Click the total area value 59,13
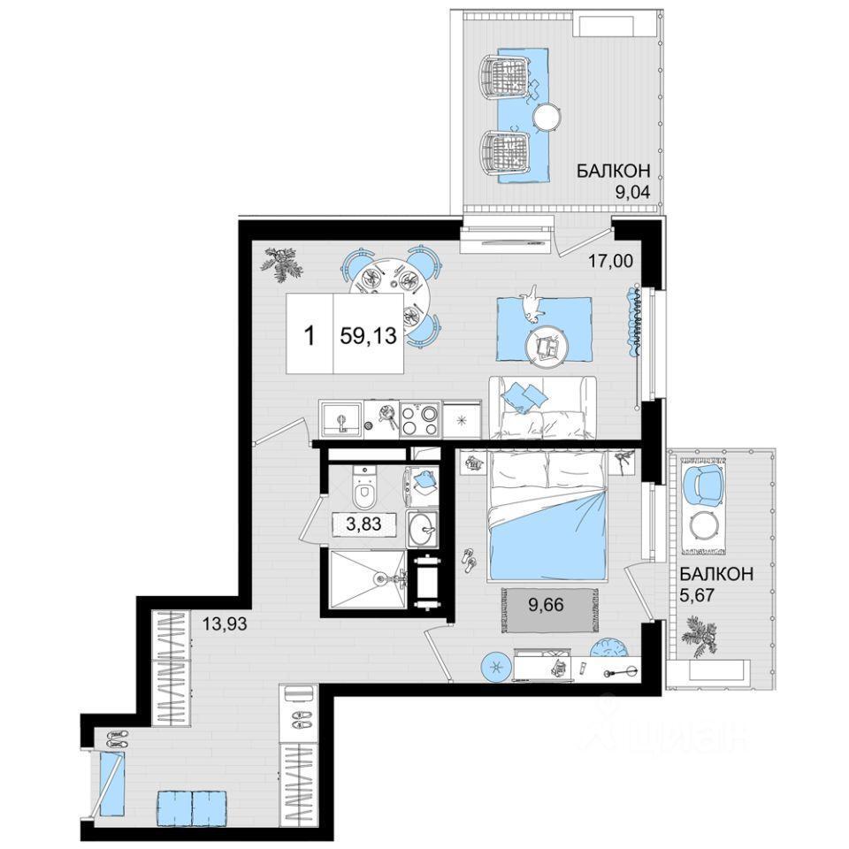368,336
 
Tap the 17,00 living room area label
611,261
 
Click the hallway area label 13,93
224,624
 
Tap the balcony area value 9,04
631,192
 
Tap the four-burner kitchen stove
418,421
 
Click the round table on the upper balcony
547,118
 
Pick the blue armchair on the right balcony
702,483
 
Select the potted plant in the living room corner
280,264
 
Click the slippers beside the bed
470,561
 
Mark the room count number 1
310,336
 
